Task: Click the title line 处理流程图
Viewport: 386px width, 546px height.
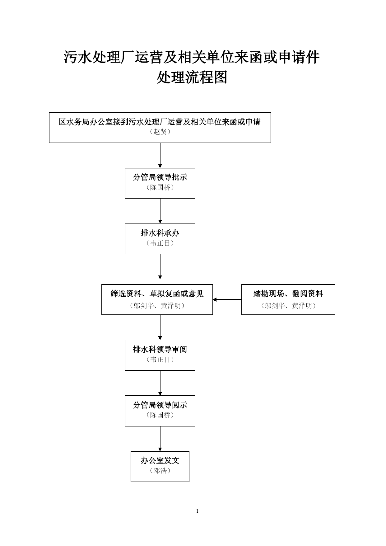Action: click(x=192, y=78)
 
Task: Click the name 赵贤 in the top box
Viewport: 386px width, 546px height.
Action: click(x=160, y=132)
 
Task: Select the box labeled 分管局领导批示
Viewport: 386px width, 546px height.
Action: click(x=160, y=183)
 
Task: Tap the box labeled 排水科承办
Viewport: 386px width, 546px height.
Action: click(x=160, y=239)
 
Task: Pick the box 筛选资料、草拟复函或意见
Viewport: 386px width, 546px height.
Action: click(x=157, y=299)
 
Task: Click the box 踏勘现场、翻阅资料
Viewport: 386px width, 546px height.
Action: click(x=288, y=299)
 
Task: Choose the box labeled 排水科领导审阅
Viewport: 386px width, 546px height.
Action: click(x=160, y=355)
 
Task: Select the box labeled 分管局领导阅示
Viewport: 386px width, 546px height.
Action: click(x=160, y=411)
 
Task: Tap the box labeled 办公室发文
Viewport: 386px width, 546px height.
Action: click(x=160, y=466)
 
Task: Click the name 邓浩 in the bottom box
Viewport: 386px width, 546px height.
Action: click(x=160, y=471)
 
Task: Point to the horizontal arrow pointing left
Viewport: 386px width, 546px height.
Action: click(x=227, y=299)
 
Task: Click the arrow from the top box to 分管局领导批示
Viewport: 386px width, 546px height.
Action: click(x=160, y=155)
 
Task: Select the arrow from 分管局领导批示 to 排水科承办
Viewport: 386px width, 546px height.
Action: click(x=160, y=211)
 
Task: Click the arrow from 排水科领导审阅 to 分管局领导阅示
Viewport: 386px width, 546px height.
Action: click(x=160, y=383)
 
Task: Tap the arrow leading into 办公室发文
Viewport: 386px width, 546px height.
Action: click(x=160, y=439)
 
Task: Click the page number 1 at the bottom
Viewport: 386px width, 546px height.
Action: click(x=197, y=511)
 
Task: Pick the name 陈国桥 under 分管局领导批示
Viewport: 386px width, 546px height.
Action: click(x=160, y=187)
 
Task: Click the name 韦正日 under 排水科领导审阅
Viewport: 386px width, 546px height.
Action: click(x=160, y=360)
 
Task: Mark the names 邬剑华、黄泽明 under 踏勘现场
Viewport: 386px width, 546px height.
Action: click(x=288, y=306)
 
